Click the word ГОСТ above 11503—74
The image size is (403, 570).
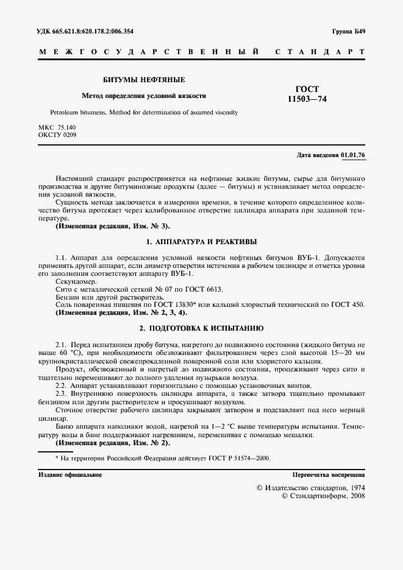[307, 89]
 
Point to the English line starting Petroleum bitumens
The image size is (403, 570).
[144, 113]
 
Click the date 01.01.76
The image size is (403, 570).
[353, 155]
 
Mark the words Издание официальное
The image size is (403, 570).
[70, 474]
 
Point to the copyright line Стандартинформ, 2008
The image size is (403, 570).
[323, 497]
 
